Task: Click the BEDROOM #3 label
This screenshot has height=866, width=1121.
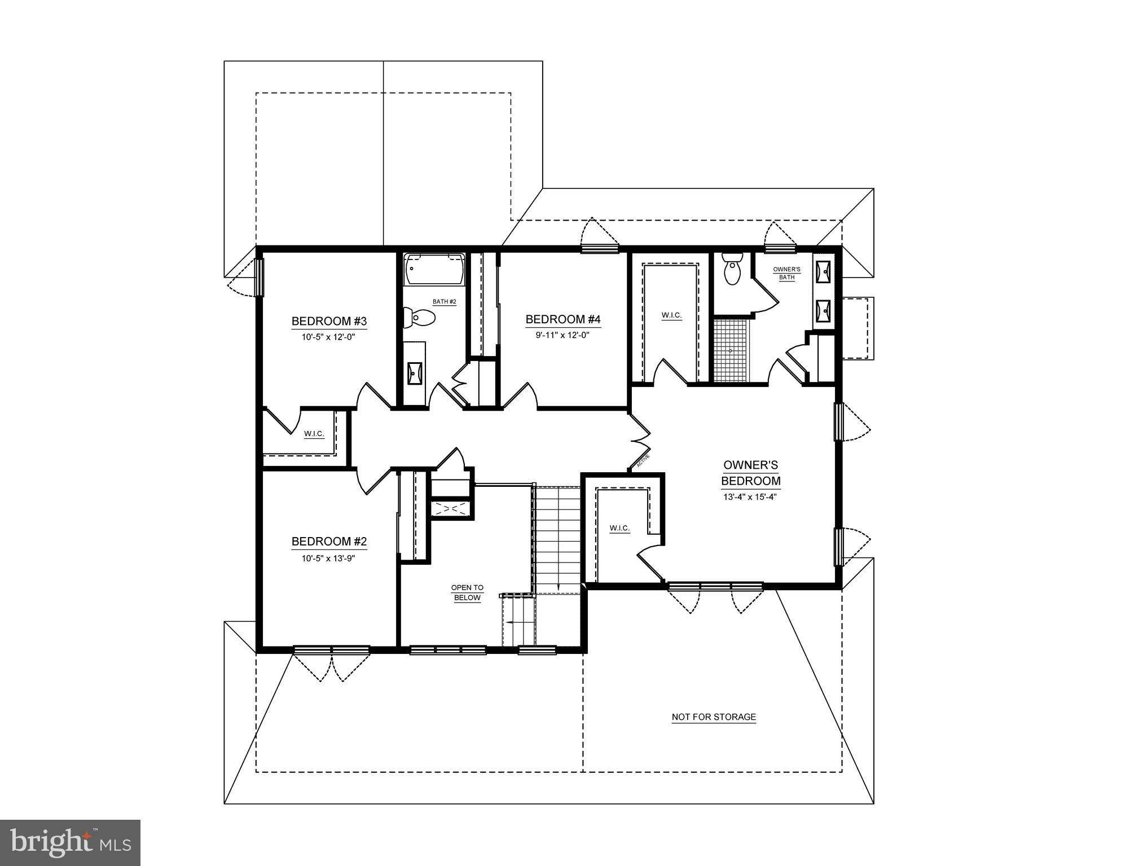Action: click(329, 322)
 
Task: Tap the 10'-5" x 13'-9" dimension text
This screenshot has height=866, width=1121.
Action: click(328, 559)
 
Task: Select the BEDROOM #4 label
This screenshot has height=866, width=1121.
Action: click(563, 320)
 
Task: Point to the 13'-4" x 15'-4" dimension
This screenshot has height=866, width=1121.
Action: click(750, 497)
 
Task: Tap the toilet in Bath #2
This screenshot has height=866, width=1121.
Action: click(420, 318)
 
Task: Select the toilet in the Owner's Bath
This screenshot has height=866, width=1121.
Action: click(732, 271)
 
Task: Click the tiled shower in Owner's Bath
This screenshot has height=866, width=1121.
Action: click(731, 350)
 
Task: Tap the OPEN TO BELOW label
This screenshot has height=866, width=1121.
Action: click(467, 593)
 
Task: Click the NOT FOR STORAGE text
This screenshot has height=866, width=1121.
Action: click(714, 717)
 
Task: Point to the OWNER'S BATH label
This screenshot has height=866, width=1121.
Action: click(786, 273)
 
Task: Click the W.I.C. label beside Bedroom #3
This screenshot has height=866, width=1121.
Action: click(314, 433)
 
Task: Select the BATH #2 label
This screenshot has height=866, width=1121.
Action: click(444, 302)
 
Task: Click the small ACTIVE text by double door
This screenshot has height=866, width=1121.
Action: click(643, 461)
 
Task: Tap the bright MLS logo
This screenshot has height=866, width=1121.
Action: click(70, 842)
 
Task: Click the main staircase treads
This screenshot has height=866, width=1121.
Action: click(557, 536)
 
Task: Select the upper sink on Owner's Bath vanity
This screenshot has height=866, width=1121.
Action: click(825, 271)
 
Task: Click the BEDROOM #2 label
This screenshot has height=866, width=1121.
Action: click(329, 542)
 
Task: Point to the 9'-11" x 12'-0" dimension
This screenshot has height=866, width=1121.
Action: click(562, 335)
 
